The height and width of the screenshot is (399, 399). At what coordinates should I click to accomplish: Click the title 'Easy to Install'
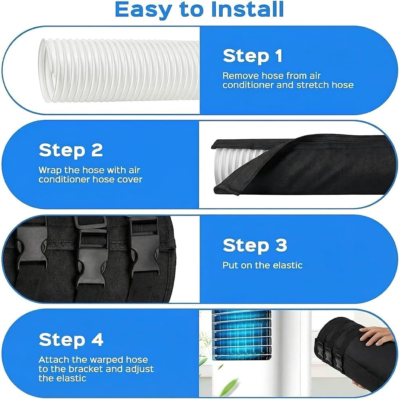pyautogui.click(x=199, y=10)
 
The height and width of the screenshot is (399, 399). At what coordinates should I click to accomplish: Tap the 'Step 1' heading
pyautogui.click(x=253, y=56)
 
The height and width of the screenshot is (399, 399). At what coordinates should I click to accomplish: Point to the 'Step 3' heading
pyautogui.click(x=255, y=245)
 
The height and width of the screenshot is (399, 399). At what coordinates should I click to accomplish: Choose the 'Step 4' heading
pyautogui.click(x=71, y=340)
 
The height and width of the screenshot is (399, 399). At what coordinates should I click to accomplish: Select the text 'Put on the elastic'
pyautogui.click(x=263, y=265)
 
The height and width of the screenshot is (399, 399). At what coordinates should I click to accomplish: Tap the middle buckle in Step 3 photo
pyautogui.click(x=91, y=257)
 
